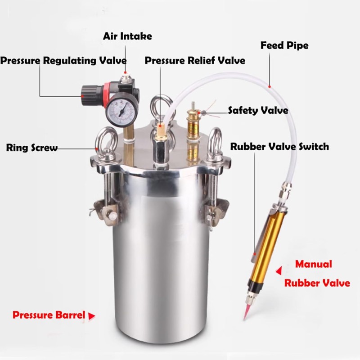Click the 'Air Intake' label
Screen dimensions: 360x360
click(x=127, y=36)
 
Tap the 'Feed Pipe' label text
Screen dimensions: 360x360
click(x=284, y=45)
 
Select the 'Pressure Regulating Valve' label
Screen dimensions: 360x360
click(x=63, y=60)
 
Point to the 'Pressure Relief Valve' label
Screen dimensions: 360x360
click(x=195, y=60)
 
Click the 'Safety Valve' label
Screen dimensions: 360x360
click(x=258, y=110)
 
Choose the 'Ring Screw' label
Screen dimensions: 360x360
click(x=32, y=148)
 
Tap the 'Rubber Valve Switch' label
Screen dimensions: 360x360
click(x=279, y=147)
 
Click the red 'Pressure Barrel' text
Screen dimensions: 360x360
click(x=49, y=315)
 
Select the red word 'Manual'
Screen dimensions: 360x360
click(x=313, y=264)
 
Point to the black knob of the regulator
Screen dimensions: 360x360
click(x=86, y=92)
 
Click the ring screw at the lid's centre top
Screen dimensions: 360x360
click(x=160, y=108)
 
